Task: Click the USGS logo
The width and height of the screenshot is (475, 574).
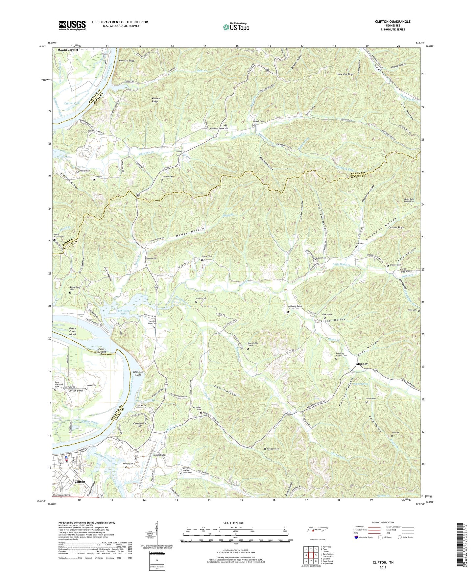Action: [x=72, y=25]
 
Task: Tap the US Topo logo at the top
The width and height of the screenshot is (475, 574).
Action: [x=236, y=27]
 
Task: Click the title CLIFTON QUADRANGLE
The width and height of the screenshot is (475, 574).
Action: [x=392, y=22]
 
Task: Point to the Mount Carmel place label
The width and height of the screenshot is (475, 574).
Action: [x=68, y=50]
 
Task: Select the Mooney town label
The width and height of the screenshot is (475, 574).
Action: [x=362, y=364]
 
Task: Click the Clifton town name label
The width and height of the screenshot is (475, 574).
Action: [x=80, y=482]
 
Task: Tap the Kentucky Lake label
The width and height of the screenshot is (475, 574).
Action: [x=122, y=312]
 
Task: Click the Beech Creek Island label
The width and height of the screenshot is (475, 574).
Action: [x=73, y=331]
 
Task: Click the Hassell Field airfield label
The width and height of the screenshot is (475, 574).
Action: [x=159, y=455]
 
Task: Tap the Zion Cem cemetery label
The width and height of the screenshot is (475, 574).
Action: [x=360, y=244]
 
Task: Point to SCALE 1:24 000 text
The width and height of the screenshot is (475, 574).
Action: [x=236, y=523]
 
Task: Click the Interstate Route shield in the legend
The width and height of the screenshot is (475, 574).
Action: [x=357, y=537]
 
